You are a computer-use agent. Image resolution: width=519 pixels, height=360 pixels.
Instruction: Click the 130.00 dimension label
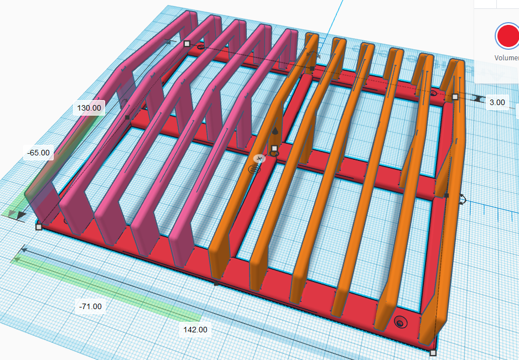tap(89, 108)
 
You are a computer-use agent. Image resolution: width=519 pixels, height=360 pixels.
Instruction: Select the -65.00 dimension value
tap(38, 153)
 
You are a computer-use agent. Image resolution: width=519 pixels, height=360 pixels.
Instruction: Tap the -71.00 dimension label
tap(90, 306)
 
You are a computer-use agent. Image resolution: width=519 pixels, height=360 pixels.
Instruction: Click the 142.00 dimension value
tap(195, 330)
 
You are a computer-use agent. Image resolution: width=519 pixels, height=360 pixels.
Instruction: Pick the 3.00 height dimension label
tap(497, 102)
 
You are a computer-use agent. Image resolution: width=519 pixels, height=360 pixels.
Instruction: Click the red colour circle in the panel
tap(508, 36)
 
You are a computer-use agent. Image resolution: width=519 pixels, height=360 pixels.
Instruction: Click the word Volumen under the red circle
tap(506, 58)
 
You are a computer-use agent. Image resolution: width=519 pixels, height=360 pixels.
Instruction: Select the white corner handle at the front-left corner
tap(39, 227)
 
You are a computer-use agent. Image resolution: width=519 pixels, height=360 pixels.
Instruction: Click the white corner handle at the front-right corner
tap(433, 353)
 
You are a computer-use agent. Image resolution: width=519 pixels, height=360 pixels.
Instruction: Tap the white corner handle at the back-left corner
tap(187, 44)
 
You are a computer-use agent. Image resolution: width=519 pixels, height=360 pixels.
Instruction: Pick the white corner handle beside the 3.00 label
tap(455, 97)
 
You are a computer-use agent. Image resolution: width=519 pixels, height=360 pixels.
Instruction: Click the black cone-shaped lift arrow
tap(275, 132)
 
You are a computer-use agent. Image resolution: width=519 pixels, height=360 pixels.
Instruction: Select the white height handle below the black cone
tap(274, 148)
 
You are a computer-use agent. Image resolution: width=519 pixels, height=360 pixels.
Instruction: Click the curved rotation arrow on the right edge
tap(463, 199)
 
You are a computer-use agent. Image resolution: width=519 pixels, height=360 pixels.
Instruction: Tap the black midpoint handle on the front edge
tap(216, 284)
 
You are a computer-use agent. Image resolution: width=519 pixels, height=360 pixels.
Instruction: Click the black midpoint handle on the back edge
tap(312, 69)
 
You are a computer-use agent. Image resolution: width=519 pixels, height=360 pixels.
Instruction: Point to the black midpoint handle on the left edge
tap(127, 117)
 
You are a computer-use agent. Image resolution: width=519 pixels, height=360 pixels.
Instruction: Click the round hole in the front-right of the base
tap(401, 322)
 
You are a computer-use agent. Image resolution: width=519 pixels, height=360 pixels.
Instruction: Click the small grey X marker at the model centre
tap(259, 159)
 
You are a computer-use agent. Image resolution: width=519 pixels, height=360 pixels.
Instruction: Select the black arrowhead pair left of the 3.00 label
tap(477, 98)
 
